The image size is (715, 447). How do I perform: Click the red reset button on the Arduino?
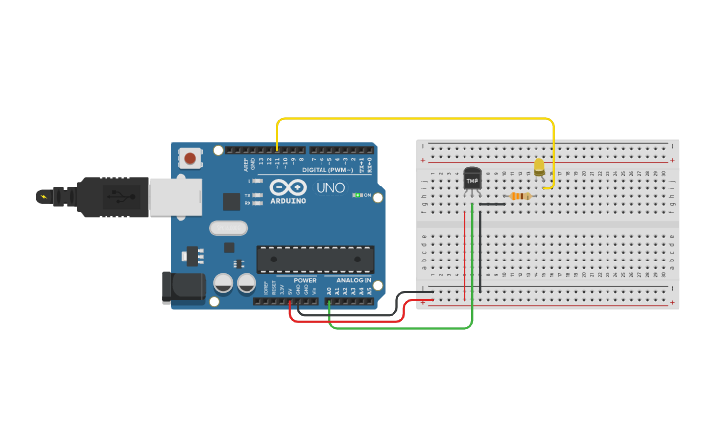(190, 157)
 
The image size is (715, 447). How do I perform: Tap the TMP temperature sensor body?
(472, 180)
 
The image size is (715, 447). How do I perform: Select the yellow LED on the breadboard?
(538, 167)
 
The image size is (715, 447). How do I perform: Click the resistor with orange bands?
(519, 196)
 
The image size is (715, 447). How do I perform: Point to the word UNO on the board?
(330, 187)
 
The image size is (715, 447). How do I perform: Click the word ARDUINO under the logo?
(288, 200)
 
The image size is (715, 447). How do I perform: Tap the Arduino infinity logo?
(288, 186)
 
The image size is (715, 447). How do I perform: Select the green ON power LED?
(356, 195)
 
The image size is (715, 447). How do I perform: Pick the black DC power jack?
(182, 286)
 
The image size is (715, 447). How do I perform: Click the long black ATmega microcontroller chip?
(316, 259)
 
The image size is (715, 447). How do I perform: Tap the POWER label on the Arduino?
(304, 280)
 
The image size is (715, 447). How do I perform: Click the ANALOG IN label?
(354, 280)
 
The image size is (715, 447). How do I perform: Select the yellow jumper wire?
(414, 119)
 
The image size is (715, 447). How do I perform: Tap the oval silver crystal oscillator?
(228, 228)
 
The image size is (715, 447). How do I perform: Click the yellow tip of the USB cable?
(42, 196)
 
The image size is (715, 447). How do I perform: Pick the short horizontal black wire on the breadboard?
(492, 204)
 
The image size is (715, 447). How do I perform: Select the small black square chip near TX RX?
(232, 201)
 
